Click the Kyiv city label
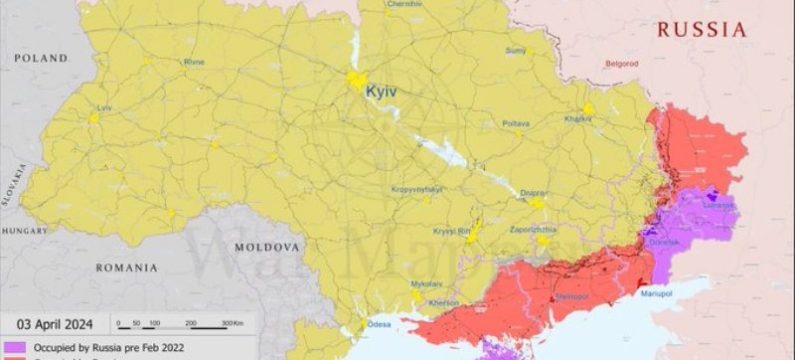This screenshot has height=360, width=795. click(380, 91)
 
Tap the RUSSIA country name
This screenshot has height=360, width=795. click(701, 30)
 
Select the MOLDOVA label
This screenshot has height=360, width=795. click(266, 246)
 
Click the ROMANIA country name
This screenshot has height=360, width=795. click(126, 268)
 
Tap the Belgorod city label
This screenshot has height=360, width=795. click(621, 63)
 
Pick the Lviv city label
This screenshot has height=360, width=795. click(104, 106)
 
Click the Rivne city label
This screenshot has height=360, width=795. click(193, 62)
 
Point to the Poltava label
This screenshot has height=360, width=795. click(515, 123)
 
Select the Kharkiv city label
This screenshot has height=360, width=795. click(577, 119)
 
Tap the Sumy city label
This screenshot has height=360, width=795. click(516, 50)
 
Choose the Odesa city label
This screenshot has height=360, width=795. click(377, 324)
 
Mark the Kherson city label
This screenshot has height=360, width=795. click(443, 302)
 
